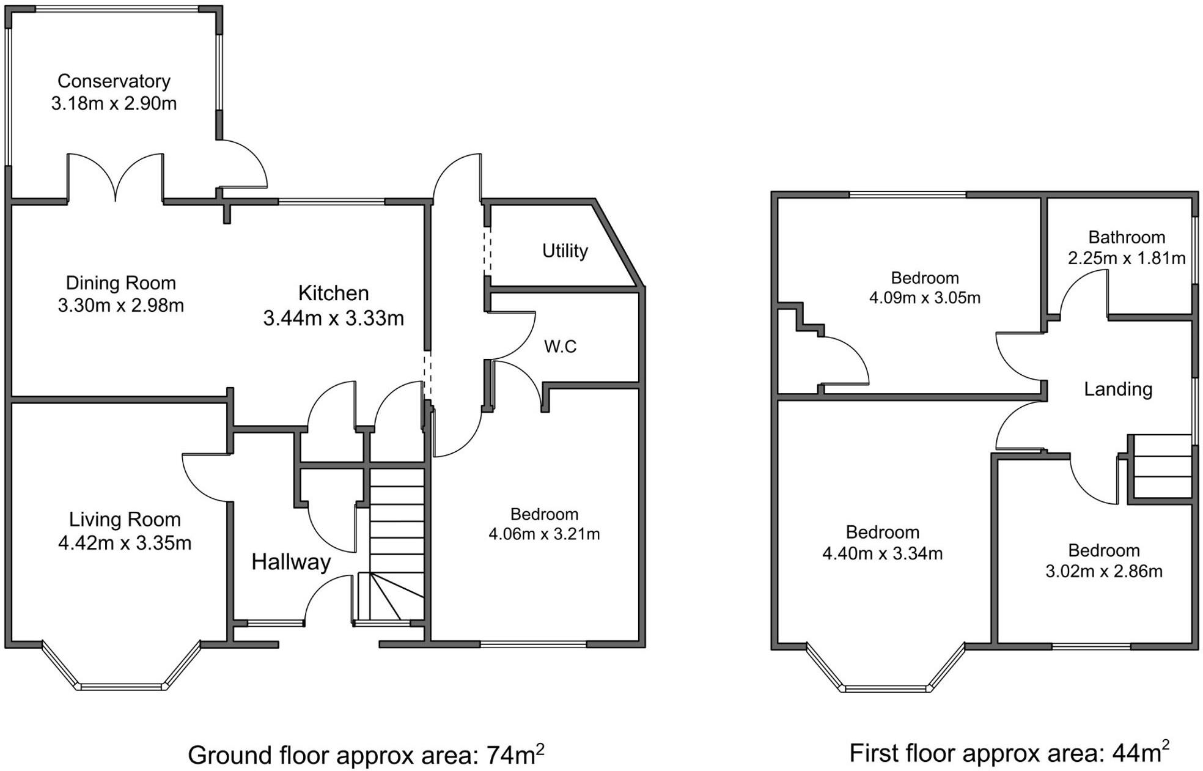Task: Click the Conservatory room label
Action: click(114, 81)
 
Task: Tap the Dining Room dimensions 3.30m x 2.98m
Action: click(121, 305)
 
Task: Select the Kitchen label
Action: click(333, 293)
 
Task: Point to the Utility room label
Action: click(565, 251)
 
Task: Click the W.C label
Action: click(560, 347)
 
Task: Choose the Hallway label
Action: click(291, 562)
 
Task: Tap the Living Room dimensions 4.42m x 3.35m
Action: click(125, 543)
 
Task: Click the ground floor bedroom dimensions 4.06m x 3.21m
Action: click(544, 534)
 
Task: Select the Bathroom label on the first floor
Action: click(1127, 237)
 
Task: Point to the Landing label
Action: click(1118, 389)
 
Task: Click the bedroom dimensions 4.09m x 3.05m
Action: click(925, 298)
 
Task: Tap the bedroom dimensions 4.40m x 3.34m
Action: click(882, 554)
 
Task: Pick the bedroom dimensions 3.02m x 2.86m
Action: click(1104, 572)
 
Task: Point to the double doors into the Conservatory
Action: click(116, 177)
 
